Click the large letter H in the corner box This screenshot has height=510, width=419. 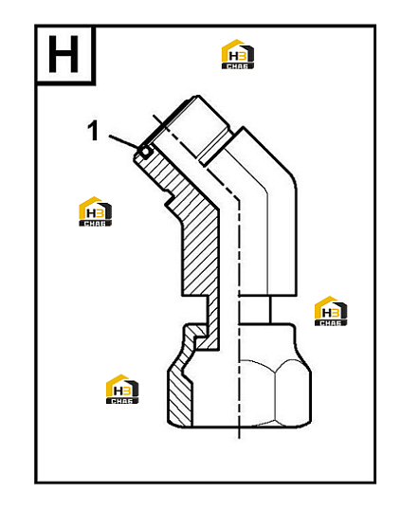pyautogui.click(x=64, y=54)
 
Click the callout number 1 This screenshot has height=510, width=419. pyautogui.click(x=93, y=131)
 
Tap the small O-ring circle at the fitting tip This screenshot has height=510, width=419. pyautogui.click(x=145, y=152)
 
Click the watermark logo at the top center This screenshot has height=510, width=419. pyautogui.click(x=238, y=54)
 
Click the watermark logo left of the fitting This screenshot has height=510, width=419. pyautogui.click(x=96, y=211)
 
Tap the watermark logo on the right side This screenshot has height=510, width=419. pyautogui.click(x=331, y=311)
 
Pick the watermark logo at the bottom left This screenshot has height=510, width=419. pyautogui.click(x=122, y=389)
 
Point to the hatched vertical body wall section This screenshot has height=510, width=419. pyautogui.click(x=200, y=254)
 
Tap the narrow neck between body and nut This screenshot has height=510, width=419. pyautogui.click(x=254, y=310)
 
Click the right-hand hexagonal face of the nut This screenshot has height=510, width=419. pyautogui.click(x=293, y=393)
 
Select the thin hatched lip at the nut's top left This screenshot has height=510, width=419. pyautogui.click(x=194, y=330)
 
